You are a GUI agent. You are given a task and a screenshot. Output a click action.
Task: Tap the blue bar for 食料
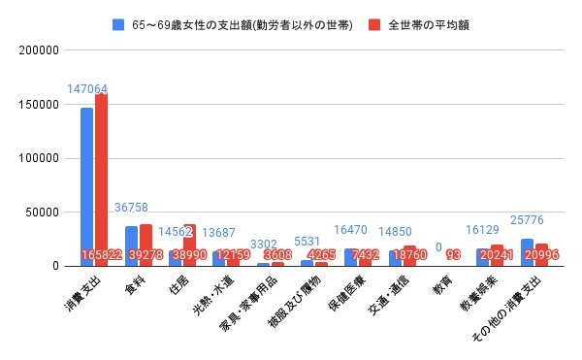click(x=131, y=245)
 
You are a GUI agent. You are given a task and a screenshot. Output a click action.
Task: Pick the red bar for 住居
click(x=189, y=245)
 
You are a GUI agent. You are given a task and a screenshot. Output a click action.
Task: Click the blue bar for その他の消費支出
click(x=527, y=251)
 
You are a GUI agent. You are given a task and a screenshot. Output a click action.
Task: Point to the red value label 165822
click(x=101, y=254)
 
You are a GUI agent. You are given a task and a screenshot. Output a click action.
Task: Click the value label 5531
click(x=306, y=242)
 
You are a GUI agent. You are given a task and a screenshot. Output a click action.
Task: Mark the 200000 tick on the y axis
click(x=42, y=51)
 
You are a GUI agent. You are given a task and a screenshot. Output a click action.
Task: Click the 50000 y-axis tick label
click(x=45, y=213)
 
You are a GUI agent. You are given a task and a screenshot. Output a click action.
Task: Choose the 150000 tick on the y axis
click(x=42, y=105)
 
